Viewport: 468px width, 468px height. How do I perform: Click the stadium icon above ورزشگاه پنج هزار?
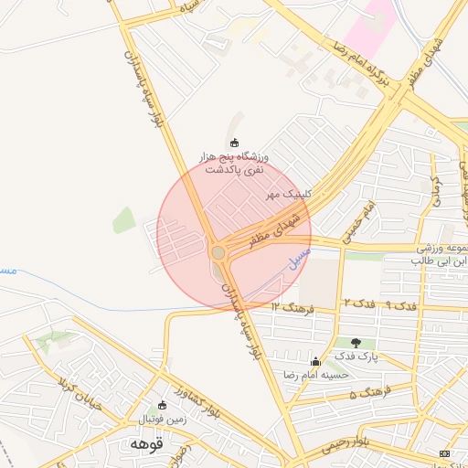pyautogui.click(x=234, y=143)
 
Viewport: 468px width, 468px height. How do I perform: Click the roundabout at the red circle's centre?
pyautogui.click(x=218, y=252)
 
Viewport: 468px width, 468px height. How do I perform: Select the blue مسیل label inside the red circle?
pyautogui.click(x=300, y=255)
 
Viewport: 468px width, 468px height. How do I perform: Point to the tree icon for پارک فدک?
pyautogui.click(x=356, y=343)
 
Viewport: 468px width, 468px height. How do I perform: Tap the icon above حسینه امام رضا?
pyautogui.click(x=316, y=362)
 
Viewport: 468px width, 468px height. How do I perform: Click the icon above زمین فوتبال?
pyautogui.click(x=163, y=405)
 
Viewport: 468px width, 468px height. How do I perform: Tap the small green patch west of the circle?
pyautogui.click(x=123, y=219)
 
